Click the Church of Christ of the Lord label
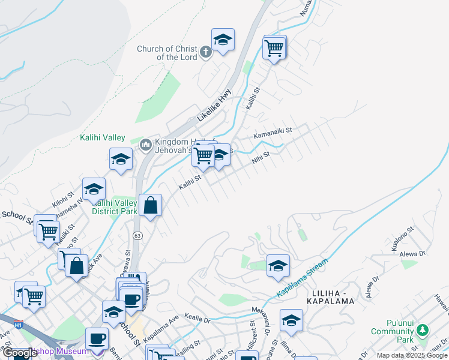coord(167,53)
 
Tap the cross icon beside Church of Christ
coord(205,52)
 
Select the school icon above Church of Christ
coord(223,40)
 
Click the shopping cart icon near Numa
coord(274,48)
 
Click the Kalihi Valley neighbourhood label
coord(103,137)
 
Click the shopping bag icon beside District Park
coord(151,206)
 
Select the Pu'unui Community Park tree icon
coord(423,329)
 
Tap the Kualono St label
coord(402,239)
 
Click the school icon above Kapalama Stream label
coord(278,265)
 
